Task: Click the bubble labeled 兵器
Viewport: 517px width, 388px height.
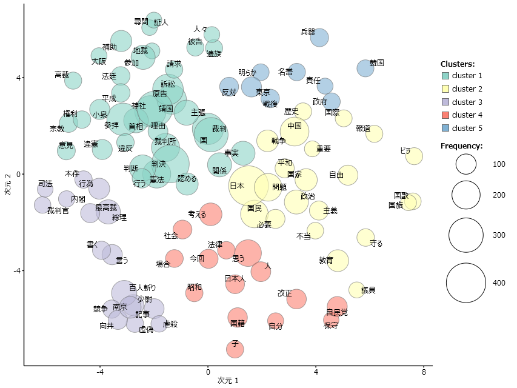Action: pyautogui.click(x=319, y=38)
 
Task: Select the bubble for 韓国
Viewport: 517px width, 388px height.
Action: pyautogui.click(x=365, y=68)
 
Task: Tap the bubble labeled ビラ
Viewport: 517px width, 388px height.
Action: pyautogui.click(x=414, y=156)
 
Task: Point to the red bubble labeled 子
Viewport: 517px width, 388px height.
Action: pyautogui.click(x=235, y=349)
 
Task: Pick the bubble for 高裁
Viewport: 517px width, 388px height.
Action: pyautogui.click(x=73, y=80)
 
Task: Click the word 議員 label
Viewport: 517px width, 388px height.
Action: pyautogui.click(x=368, y=290)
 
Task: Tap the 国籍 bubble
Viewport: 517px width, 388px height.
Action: pyautogui.click(x=238, y=317)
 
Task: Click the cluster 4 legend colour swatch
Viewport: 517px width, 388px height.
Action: pyautogui.click(x=445, y=115)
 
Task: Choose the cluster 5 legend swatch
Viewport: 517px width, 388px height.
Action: pyautogui.click(x=445, y=129)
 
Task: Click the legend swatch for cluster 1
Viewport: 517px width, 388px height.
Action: pyautogui.click(x=445, y=76)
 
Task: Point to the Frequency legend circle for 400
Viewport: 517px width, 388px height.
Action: pyautogui.click(x=466, y=283)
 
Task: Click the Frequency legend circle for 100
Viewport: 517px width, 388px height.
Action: pyautogui.click(x=466, y=164)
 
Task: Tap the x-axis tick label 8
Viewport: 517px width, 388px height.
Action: pyautogui.click(x=424, y=372)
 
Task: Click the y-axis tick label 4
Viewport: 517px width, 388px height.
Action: pyautogui.click(x=18, y=78)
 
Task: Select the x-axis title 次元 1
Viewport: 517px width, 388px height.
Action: pyautogui.click(x=228, y=381)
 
